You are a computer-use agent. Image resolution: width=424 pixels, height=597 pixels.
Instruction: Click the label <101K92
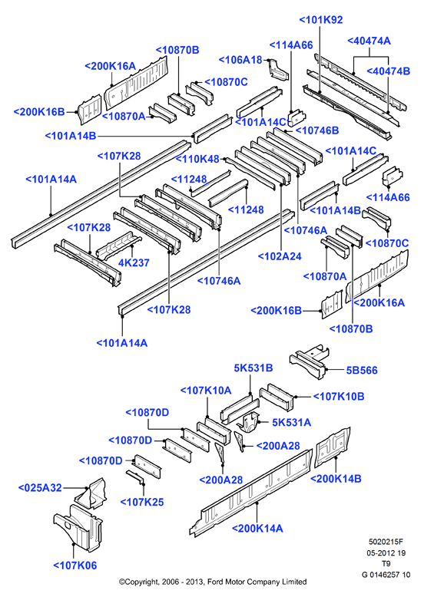(321, 20)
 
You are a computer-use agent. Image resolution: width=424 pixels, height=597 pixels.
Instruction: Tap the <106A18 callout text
(240, 60)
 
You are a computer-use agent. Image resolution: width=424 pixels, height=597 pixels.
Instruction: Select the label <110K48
(197, 159)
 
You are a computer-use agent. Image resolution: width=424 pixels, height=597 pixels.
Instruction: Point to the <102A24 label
(280, 256)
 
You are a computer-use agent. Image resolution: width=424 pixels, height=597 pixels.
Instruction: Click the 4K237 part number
(134, 262)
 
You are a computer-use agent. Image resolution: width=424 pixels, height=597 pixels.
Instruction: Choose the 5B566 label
(362, 370)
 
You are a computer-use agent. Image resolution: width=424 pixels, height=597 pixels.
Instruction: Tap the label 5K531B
(253, 368)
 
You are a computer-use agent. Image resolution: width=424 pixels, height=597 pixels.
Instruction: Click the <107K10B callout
(339, 397)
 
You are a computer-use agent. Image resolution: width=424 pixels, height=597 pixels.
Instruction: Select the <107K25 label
(142, 502)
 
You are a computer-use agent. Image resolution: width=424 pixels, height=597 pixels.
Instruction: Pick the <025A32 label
(40, 488)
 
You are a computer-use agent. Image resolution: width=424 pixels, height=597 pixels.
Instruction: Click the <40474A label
(369, 41)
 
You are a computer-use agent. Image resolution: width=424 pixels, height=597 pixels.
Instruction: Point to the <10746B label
(317, 130)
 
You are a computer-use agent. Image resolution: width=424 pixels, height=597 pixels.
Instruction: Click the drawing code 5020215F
(386, 542)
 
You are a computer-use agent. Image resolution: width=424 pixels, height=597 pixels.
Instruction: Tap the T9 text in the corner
(386, 563)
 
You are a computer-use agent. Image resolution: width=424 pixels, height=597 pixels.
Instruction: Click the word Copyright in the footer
(140, 582)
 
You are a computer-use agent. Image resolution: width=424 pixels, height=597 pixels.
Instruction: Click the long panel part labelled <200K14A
(251, 492)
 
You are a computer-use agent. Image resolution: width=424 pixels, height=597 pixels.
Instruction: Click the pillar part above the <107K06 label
(78, 528)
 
